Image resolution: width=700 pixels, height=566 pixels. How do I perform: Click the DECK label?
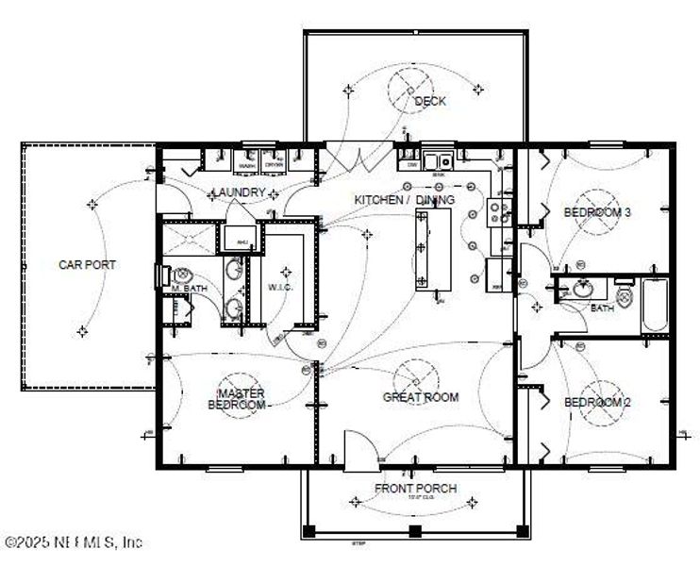point(429,101)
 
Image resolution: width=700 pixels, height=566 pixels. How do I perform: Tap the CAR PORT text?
point(87,265)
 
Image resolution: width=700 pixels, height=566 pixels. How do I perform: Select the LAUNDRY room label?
point(239,192)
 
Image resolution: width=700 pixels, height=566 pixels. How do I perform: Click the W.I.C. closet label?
point(282,287)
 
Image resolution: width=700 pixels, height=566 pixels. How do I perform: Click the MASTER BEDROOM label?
point(237,399)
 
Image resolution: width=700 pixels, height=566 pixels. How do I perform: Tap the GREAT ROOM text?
point(421,397)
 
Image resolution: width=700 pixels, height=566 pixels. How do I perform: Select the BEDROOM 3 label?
point(596,213)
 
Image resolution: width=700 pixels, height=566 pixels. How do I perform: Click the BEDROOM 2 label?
point(596,403)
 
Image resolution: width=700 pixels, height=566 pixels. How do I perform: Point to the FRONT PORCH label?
point(415,488)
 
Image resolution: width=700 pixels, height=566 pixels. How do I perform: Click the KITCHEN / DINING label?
point(404,200)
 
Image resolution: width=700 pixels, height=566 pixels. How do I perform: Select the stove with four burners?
point(499,212)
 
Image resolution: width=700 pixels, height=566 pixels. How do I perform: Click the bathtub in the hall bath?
point(654,305)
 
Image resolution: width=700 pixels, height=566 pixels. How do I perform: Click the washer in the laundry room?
point(247,160)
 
